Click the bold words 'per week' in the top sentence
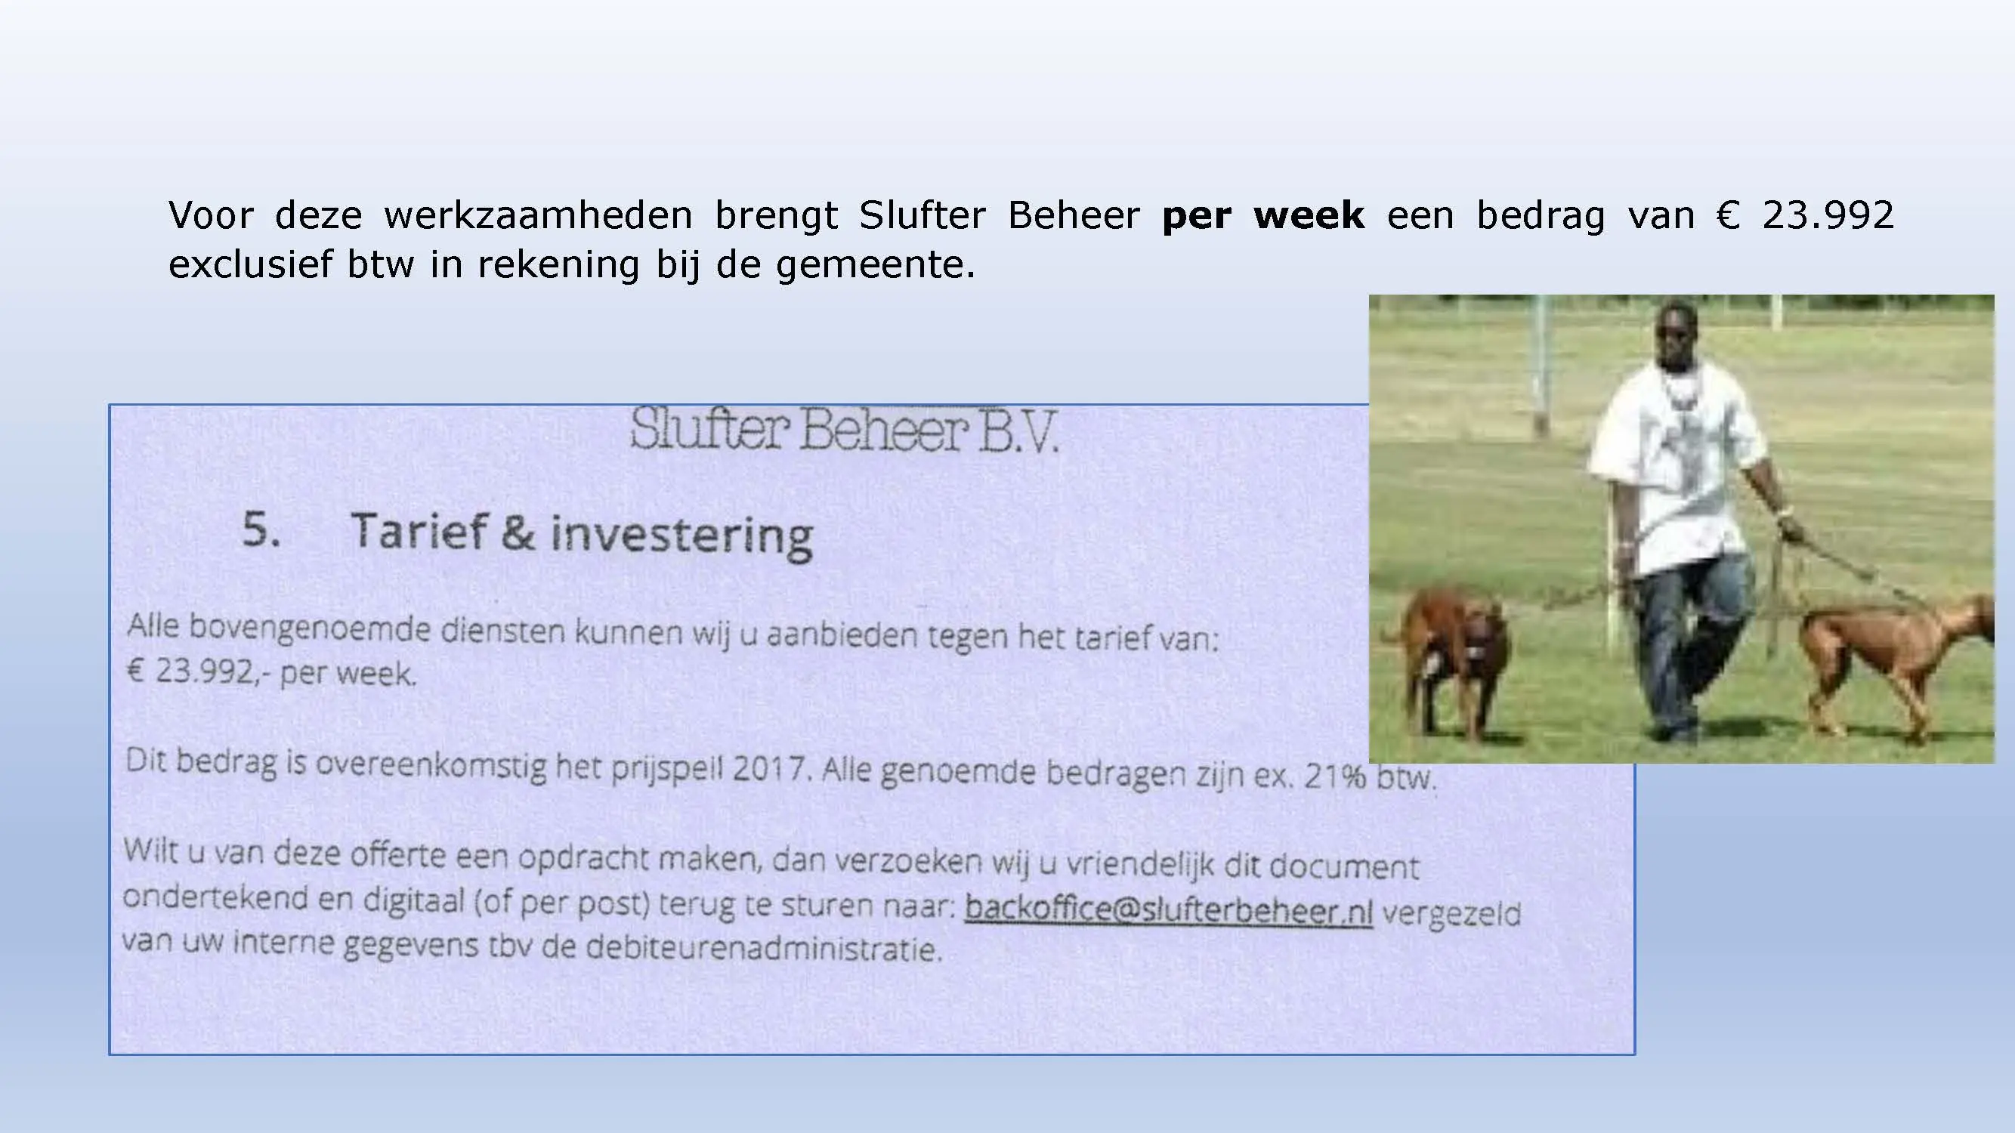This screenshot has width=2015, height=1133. pos(1263,216)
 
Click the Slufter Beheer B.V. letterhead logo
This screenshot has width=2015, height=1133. pos(844,430)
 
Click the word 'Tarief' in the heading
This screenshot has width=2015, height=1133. pos(419,531)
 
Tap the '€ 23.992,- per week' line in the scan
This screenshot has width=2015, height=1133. pos(270,671)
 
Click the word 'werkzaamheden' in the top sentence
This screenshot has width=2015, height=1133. pos(538,215)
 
